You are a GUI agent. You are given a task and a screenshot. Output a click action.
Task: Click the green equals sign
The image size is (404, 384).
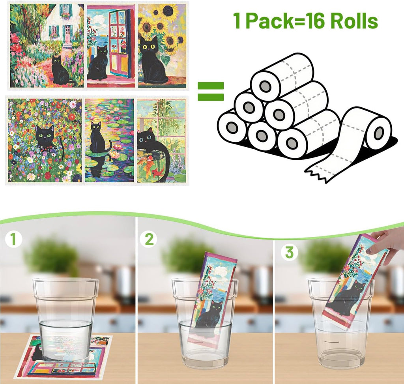(x=210, y=91)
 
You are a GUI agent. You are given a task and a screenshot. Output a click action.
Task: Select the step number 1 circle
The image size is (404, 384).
(x=13, y=240)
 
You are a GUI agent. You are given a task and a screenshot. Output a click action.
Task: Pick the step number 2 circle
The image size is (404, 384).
(x=150, y=240)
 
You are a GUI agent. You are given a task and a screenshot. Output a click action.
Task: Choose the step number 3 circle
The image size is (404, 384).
(x=289, y=253)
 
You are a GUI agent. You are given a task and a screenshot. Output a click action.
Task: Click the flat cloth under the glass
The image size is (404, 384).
(x=63, y=357)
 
